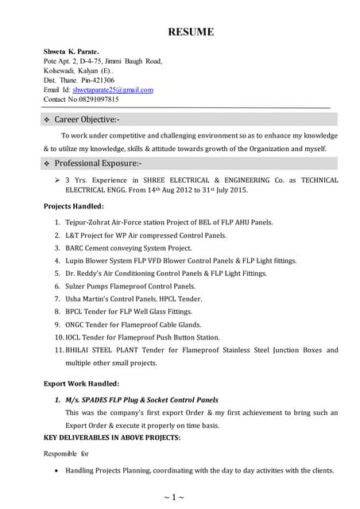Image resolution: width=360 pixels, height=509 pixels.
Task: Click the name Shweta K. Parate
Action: pyautogui.click(x=72, y=51)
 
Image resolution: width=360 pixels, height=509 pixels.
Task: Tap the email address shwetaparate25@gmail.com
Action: pyautogui.click(x=113, y=90)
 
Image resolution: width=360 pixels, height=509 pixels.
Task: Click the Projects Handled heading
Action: pyautogui.click(x=74, y=207)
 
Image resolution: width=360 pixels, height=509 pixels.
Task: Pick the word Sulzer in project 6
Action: pyautogui.click(x=79, y=286)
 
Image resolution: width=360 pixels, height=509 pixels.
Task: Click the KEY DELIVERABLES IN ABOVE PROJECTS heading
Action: pyautogui.click(x=112, y=438)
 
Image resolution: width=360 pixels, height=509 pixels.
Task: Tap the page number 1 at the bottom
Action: pyautogui.click(x=179, y=497)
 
